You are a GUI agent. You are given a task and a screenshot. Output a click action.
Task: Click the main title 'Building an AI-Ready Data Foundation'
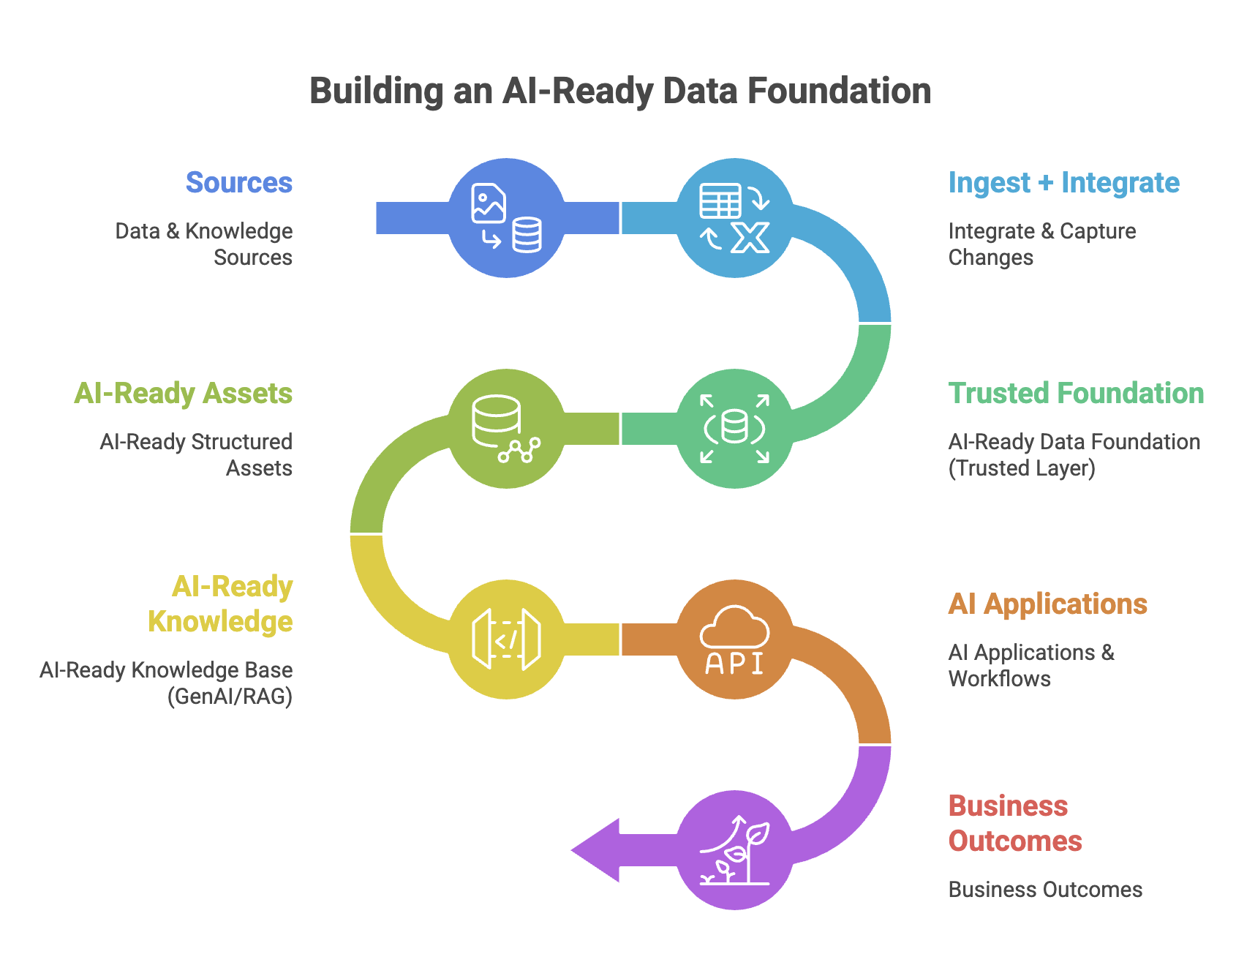tap(620, 91)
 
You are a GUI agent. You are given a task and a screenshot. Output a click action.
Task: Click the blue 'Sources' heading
tap(239, 183)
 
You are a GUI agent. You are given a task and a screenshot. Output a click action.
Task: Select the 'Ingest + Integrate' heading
tap(1063, 183)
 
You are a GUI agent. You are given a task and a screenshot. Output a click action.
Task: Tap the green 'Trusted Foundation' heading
tap(1075, 394)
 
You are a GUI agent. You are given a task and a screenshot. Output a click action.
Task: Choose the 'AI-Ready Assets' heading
tap(184, 394)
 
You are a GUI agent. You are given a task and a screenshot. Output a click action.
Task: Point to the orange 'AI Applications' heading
tap(1047, 604)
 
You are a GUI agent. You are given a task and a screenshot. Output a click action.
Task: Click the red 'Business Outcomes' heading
tap(1014, 824)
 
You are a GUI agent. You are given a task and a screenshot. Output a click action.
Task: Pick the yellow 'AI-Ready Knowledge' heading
tap(220, 604)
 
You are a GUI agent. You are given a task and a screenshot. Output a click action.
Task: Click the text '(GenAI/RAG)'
tap(230, 697)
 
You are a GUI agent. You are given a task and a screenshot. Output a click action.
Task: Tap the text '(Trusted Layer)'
tap(1022, 468)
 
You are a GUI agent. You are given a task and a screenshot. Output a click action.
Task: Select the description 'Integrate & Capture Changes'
tap(1041, 244)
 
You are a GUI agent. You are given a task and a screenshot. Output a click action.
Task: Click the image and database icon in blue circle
tap(506, 218)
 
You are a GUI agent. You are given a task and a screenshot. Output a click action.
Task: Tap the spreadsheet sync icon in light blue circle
tap(734, 218)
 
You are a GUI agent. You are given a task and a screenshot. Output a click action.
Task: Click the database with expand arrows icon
tap(734, 429)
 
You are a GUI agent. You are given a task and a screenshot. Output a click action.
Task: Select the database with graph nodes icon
tap(506, 429)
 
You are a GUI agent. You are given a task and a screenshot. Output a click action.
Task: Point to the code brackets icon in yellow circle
tap(506, 639)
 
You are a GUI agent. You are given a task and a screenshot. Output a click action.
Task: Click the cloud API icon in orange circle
tap(734, 639)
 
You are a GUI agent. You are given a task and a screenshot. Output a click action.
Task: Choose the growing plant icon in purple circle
tap(734, 850)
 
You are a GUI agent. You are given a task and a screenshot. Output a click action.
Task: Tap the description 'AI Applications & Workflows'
tap(1031, 666)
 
